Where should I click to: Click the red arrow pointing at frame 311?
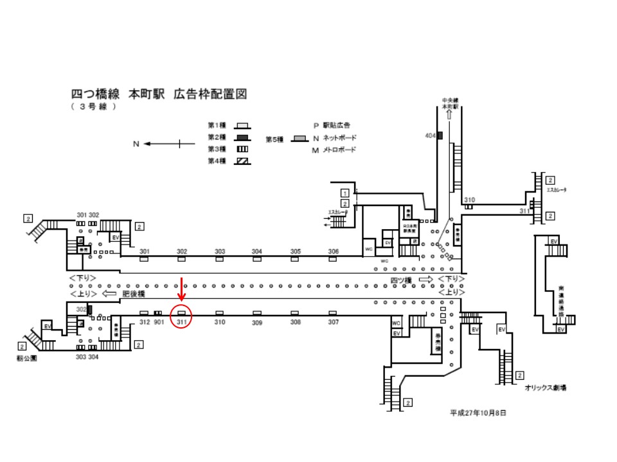point(182,289)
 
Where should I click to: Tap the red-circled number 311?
point(182,321)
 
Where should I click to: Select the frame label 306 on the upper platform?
point(333,252)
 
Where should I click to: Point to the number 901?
point(159,321)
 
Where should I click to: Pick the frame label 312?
point(144,321)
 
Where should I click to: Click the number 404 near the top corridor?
point(431,135)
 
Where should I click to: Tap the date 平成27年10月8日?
point(478,414)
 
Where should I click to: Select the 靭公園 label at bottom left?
point(27,359)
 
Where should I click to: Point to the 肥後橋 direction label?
point(134,293)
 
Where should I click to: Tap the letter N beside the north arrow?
point(136,144)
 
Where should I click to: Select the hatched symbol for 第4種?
point(242,162)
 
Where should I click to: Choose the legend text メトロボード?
point(339,150)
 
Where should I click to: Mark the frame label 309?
point(257,323)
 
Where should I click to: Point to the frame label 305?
point(296,252)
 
